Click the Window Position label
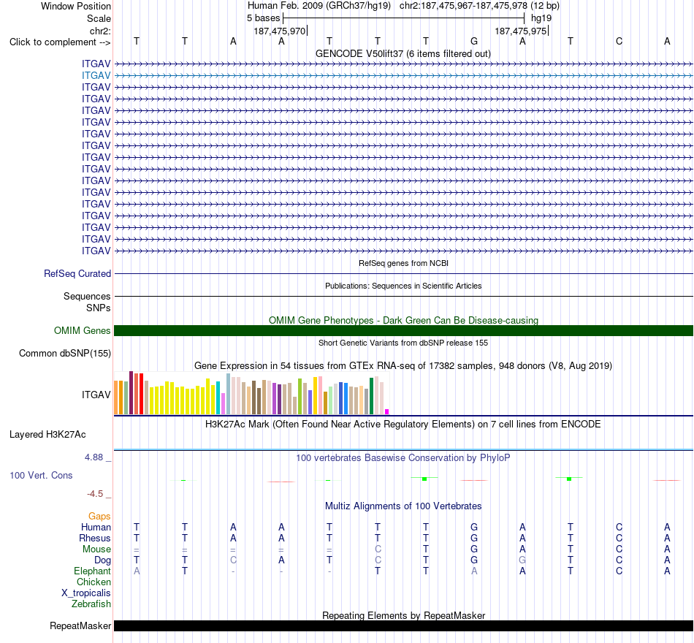(x=76, y=6)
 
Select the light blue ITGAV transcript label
(x=96, y=76)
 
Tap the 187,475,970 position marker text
(x=279, y=31)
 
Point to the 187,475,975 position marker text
(x=520, y=31)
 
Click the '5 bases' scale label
(x=263, y=18)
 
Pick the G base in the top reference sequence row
(x=474, y=41)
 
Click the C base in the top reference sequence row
(x=619, y=41)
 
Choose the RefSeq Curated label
(x=77, y=274)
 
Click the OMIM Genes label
(x=83, y=331)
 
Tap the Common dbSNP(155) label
(x=65, y=354)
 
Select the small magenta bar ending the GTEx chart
(x=387, y=412)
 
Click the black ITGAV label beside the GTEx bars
(x=96, y=395)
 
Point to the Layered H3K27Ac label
(x=47, y=435)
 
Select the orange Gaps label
(x=99, y=517)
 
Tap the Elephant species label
(x=93, y=571)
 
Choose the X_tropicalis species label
(x=86, y=593)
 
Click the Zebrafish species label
(x=91, y=604)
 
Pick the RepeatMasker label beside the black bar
(x=80, y=625)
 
